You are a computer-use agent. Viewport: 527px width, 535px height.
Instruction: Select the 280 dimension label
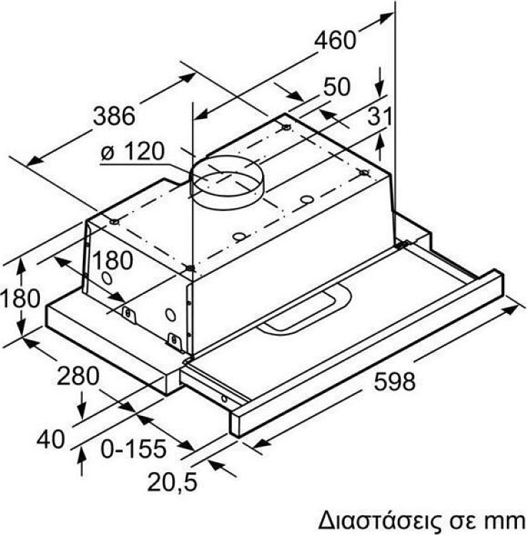pyautogui.click(x=78, y=376)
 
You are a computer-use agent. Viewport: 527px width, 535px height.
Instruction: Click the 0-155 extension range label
pyautogui.click(x=134, y=449)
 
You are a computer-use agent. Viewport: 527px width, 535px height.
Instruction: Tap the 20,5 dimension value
pyautogui.click(x=171, y=482)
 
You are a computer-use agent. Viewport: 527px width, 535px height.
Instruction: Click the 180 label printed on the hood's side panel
pyautogui.click(x=111, y=261)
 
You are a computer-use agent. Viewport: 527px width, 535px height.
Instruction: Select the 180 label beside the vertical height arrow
pyautogui.click(x=20, y=297)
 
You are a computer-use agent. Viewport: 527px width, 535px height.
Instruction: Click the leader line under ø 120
pyautogui.click(x=143, y=165)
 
